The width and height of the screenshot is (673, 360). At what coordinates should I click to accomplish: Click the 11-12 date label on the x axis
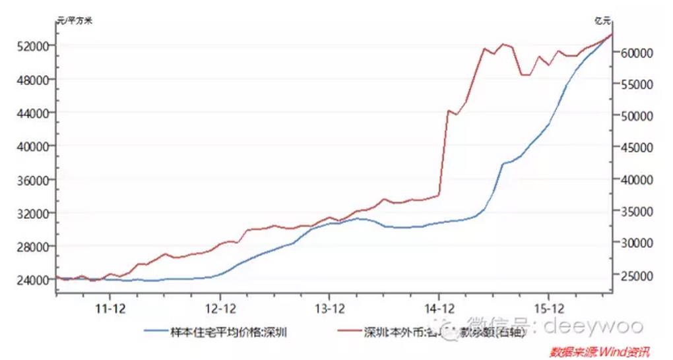point(111,308)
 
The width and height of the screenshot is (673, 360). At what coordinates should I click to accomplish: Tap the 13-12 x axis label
point(329,308)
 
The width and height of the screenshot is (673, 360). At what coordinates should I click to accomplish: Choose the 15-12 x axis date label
point(548,308)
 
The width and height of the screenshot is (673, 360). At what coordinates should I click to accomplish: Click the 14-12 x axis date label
point(439,308)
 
